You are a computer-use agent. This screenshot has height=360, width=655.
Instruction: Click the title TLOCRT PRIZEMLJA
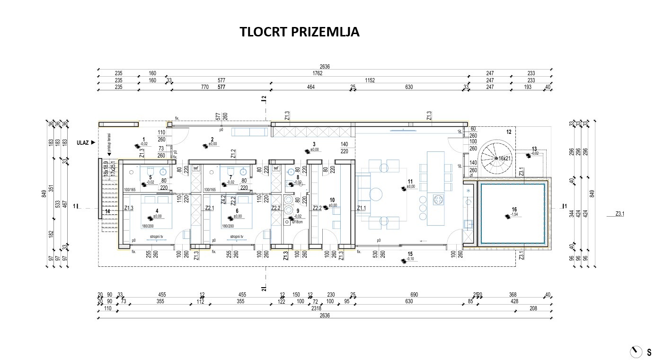(299, 32)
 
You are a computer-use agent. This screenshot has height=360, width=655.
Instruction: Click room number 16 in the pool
(514, 210)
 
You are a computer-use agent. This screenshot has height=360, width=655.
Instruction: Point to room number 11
(410, 181)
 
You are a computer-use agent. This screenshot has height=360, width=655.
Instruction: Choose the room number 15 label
(410, 255)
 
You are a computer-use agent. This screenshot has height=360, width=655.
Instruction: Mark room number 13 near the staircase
(534, 149)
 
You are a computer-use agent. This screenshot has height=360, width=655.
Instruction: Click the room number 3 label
(313, 144)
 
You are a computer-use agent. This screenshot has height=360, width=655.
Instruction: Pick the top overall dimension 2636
(325, 67)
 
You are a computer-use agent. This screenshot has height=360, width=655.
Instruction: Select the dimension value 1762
(317, 73)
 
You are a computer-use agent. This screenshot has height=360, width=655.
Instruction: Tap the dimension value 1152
(370, 80)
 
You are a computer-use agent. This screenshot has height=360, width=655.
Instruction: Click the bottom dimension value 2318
(310, 308)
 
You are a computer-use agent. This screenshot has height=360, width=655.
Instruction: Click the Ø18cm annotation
(298, 221)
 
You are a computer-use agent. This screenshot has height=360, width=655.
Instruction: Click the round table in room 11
(376, 194)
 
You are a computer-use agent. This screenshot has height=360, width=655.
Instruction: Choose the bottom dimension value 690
(414, 295)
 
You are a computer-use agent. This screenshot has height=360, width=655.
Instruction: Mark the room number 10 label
(332, 200)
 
